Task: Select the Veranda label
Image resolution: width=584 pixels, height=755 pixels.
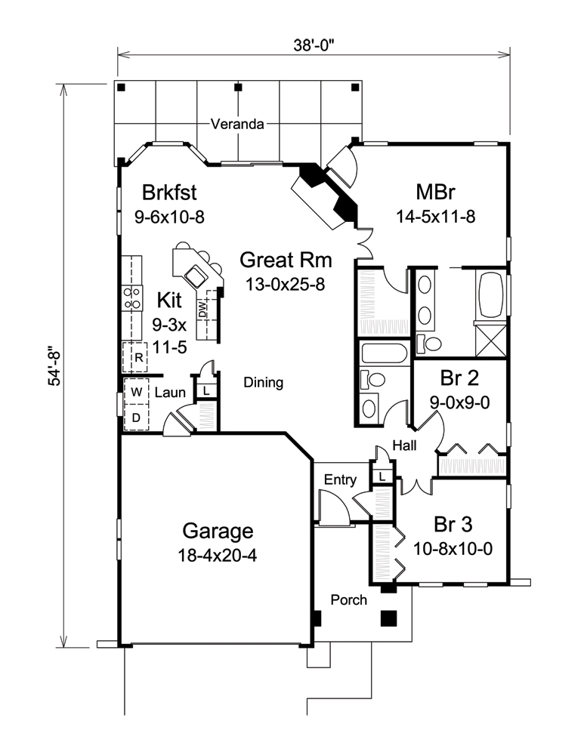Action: click(237, 125)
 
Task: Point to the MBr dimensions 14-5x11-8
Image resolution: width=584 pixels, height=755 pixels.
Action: click(435, 216)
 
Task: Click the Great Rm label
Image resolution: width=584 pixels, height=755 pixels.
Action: click(286, 260)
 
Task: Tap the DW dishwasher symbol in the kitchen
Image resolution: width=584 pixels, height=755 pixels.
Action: click(202, 309)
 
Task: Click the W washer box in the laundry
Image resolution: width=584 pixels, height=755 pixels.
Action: click(137, 392)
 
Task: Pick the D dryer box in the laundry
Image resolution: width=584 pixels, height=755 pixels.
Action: click(137, 417)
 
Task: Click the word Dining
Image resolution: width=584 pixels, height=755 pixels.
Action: click(264, 383)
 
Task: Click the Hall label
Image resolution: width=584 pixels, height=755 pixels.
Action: click(404, 446)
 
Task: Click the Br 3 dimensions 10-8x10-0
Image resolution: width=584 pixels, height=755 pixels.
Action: click(453, 548)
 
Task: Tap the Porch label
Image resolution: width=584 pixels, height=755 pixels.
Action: click(349, 600)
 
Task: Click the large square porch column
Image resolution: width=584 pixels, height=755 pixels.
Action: click(388, 618)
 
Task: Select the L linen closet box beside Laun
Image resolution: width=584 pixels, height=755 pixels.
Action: click(205, 390)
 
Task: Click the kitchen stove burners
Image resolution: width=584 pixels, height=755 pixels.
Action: click(133, 297)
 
